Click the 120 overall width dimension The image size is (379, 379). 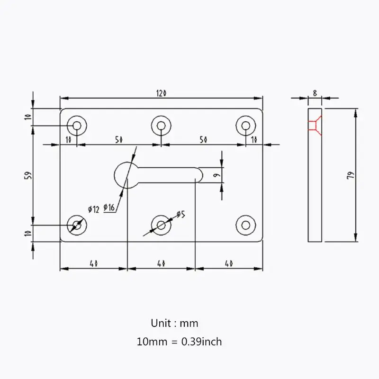pyautogui.click(x=161, y=93)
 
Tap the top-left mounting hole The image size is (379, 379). pyautogui.click(x=76, y=126)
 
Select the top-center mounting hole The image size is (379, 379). pyautogui.click(x=161, y=126)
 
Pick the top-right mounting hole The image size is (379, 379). pyautogui.click(x=245, y=126)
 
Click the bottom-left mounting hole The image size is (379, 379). pyautogui.click(x=76, y=224)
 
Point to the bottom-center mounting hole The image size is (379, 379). pyautogui.click(x=161, y=224)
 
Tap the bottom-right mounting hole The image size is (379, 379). pyautogui.click(x=245, y=224)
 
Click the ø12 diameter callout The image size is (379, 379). pyautogui.click(x=93, y=209)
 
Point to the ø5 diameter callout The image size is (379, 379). pyautogui.click(x=180, y=215)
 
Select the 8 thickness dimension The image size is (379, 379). pyautogui.click(x=315, y=93)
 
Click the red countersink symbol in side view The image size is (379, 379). pyautogui.click(x=314, y=125)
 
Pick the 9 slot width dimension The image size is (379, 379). pyautogui.click(x=216, y=175)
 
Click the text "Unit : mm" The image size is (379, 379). pyautogui.click(x=174, y=324)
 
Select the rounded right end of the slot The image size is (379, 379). pyautogui.click(x=199, y=174)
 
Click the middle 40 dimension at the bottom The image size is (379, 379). pyautogui.click(x=161, y=263)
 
